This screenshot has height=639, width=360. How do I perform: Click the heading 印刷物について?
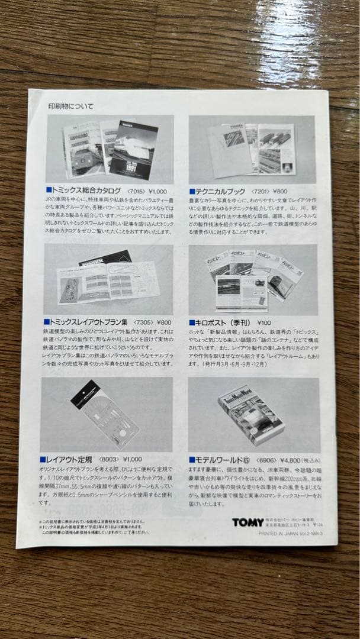pos(70,106)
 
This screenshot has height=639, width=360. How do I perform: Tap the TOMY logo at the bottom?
pos(248,522)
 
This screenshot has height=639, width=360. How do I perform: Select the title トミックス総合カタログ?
pos(86,191)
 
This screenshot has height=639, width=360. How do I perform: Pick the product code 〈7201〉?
pos(261,192)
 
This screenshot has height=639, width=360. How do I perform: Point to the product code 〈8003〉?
pos(107,459)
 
